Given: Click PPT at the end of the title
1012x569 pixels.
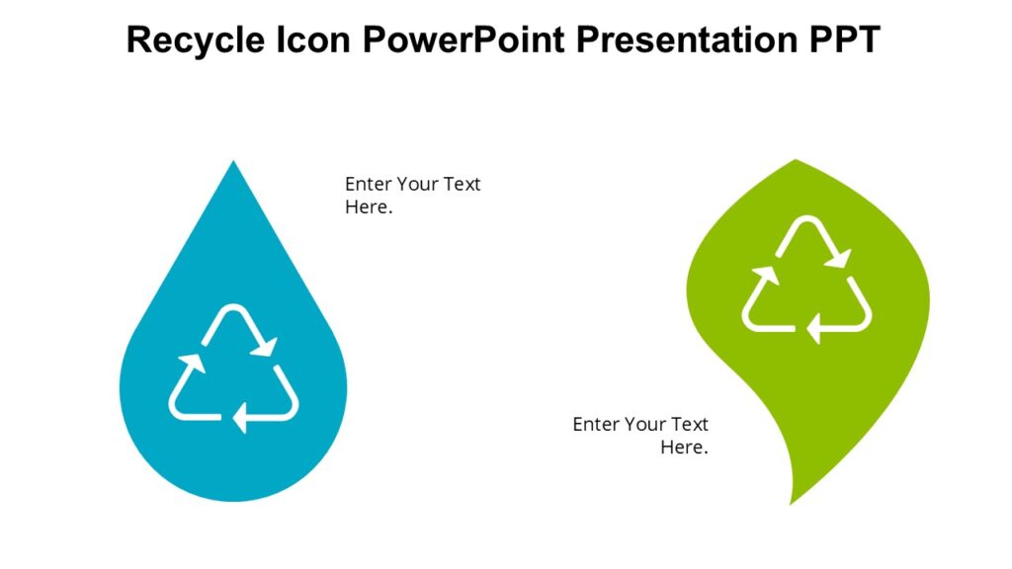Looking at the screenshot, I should pyautogui.click(x=842, y=41).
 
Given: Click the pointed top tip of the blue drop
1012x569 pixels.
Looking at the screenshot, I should pyautogui.click(x=234, y=163).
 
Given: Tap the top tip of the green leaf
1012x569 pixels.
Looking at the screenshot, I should pyautogui.click(x=796, y=161).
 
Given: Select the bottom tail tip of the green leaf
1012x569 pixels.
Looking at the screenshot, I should pyautogui.click(x=792, y=502).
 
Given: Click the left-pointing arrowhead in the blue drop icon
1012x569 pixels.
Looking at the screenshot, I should pyautogui.click(x=240, y=418).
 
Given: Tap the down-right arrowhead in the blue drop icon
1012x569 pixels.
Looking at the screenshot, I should pyautogui.click(x=265, y=347).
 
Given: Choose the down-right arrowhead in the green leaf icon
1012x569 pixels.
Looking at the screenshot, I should pyautogui.click(x=839, y=259).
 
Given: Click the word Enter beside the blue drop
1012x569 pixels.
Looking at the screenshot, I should pyautogui.click(x=368, y=185).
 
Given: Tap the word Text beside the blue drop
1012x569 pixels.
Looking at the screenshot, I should pyautogui.click(x=461, y=185).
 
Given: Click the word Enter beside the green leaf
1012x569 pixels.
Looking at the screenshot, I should pyautogui.click(x=596, y=424).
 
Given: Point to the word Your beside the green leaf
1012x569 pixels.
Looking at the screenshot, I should pyautogui.click(x=645, y=424).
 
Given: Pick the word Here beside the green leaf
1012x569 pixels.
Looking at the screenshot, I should pyautogui.click(x=682, y=447).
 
